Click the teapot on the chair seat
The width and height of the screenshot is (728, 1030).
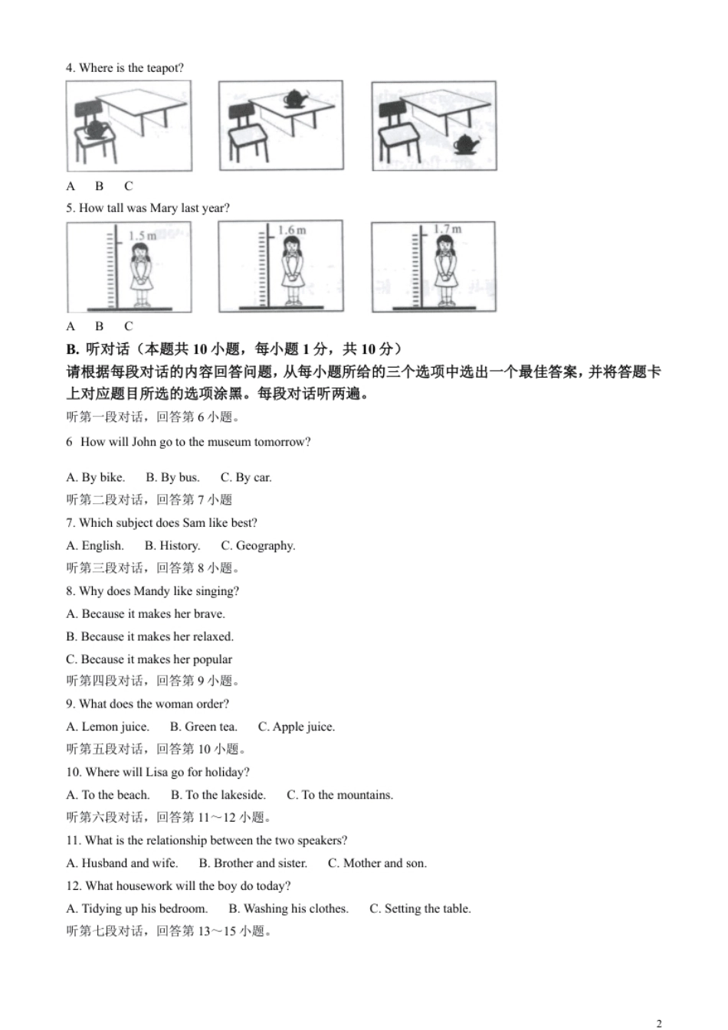[x=95, y=129]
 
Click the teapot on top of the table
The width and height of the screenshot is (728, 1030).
[x=295, y=99]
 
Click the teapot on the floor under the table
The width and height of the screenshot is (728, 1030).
[x=467, y=143]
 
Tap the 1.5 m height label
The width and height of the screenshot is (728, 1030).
[x=143, y=236]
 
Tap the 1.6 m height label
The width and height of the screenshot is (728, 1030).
[x=292, y=230]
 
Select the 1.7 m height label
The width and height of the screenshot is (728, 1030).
[x=448, y=229]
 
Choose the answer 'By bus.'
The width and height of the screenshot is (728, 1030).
[x=173, y=477]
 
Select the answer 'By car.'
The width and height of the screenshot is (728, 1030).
[x=247, y=477]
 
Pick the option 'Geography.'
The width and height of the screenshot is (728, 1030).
[x=258, y=545]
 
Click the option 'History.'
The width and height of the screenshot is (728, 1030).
[x=172, y=545]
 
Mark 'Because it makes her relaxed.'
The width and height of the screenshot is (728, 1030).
[x=150, y=636]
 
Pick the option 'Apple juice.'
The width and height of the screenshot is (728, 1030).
[x=297, y=727]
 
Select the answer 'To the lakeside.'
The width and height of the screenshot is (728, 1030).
[x=218, y=795]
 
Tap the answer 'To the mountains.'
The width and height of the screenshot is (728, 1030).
[x=340, y=795]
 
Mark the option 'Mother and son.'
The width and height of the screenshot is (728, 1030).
[x=378, y=863]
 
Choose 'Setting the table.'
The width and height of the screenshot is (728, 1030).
[x=421, y=908]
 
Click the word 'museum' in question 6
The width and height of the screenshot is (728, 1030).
[x=230, y=442]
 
